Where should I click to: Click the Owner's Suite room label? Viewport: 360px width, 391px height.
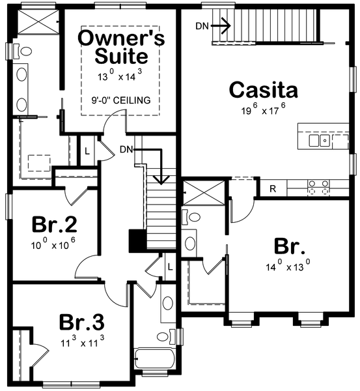[121, 47]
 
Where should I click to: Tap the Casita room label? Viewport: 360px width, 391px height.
[264, 89]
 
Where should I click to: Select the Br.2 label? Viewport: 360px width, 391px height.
[54, 224]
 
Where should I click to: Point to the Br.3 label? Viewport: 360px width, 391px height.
[82, 322]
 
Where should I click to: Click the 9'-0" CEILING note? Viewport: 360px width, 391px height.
[121, 100]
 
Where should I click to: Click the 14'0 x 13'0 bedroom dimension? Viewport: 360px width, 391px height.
[288, 265]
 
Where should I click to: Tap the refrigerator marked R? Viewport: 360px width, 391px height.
[273, 189]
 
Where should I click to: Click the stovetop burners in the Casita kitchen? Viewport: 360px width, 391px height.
[318, 187]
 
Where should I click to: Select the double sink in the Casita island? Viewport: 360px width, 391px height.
[320, 141]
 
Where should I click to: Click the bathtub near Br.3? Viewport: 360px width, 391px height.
[154, 359]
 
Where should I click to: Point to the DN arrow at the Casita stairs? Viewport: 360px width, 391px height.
[221, 25]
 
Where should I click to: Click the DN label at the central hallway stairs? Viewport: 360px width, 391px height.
[126, 150]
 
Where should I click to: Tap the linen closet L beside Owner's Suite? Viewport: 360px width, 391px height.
[87, 151]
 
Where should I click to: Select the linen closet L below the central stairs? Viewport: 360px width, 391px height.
[170, 267]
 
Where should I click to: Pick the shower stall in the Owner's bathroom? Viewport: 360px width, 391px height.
[38, 21]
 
